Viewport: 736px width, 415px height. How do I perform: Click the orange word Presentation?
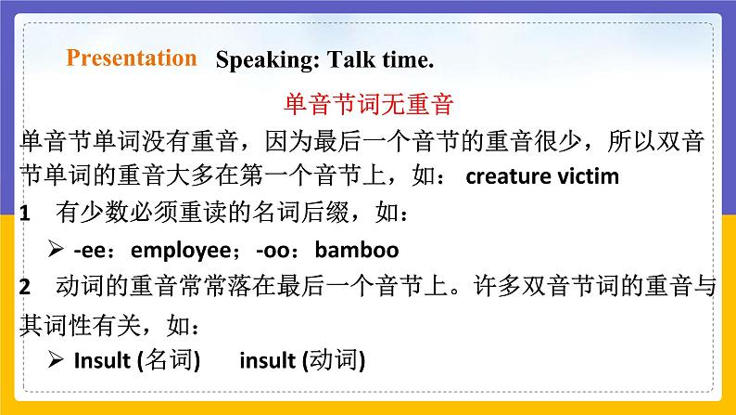132,58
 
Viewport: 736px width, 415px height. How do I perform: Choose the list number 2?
24,289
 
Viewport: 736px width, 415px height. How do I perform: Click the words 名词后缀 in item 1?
278,214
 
